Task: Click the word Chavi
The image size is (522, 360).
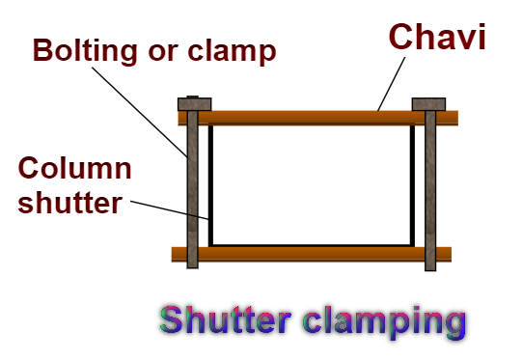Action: [437, 38]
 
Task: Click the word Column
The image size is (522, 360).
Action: [73, 170]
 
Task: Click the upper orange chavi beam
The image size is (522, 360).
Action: [309, 118]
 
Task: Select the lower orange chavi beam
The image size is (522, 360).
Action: [309, 254]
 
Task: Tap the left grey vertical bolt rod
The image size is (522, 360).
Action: [193, 193]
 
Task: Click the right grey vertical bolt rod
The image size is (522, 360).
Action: [429, 193]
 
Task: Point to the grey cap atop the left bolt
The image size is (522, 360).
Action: [191, 103]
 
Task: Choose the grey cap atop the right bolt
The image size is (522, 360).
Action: [428, 103]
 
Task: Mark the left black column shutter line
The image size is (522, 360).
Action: [211, 183]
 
